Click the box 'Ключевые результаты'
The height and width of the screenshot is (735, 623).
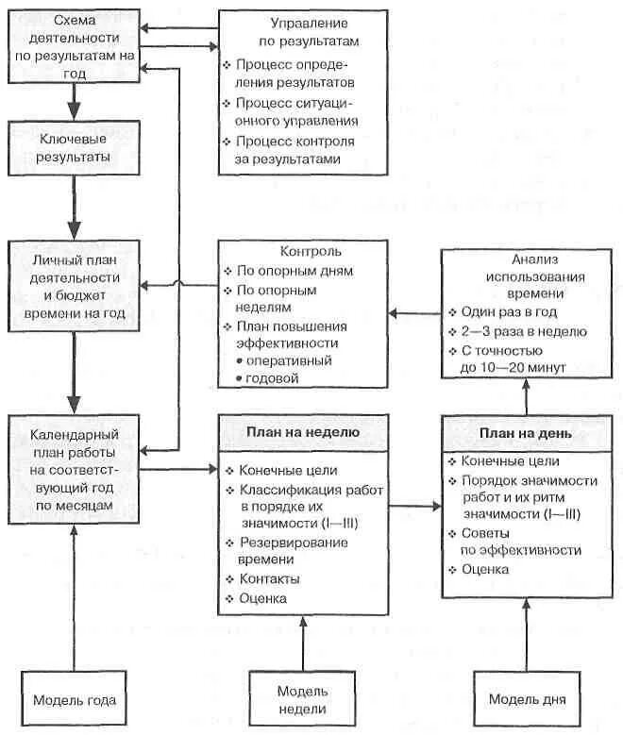click(74, 147)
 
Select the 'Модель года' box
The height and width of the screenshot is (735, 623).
click(74, 700)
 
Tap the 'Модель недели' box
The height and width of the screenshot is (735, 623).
click(302, 701)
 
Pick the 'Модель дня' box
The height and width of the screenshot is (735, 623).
click(527, 700)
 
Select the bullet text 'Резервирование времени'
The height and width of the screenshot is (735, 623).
click(293, 551)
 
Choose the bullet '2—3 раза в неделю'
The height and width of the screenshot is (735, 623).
click(524, 331)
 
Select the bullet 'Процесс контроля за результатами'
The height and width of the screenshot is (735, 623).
click(293, 150)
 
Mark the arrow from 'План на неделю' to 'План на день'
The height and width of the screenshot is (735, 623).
click(414, 506)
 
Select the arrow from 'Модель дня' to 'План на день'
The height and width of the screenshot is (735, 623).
click(527, 637)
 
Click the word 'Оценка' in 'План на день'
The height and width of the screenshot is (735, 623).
click(485, 569)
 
